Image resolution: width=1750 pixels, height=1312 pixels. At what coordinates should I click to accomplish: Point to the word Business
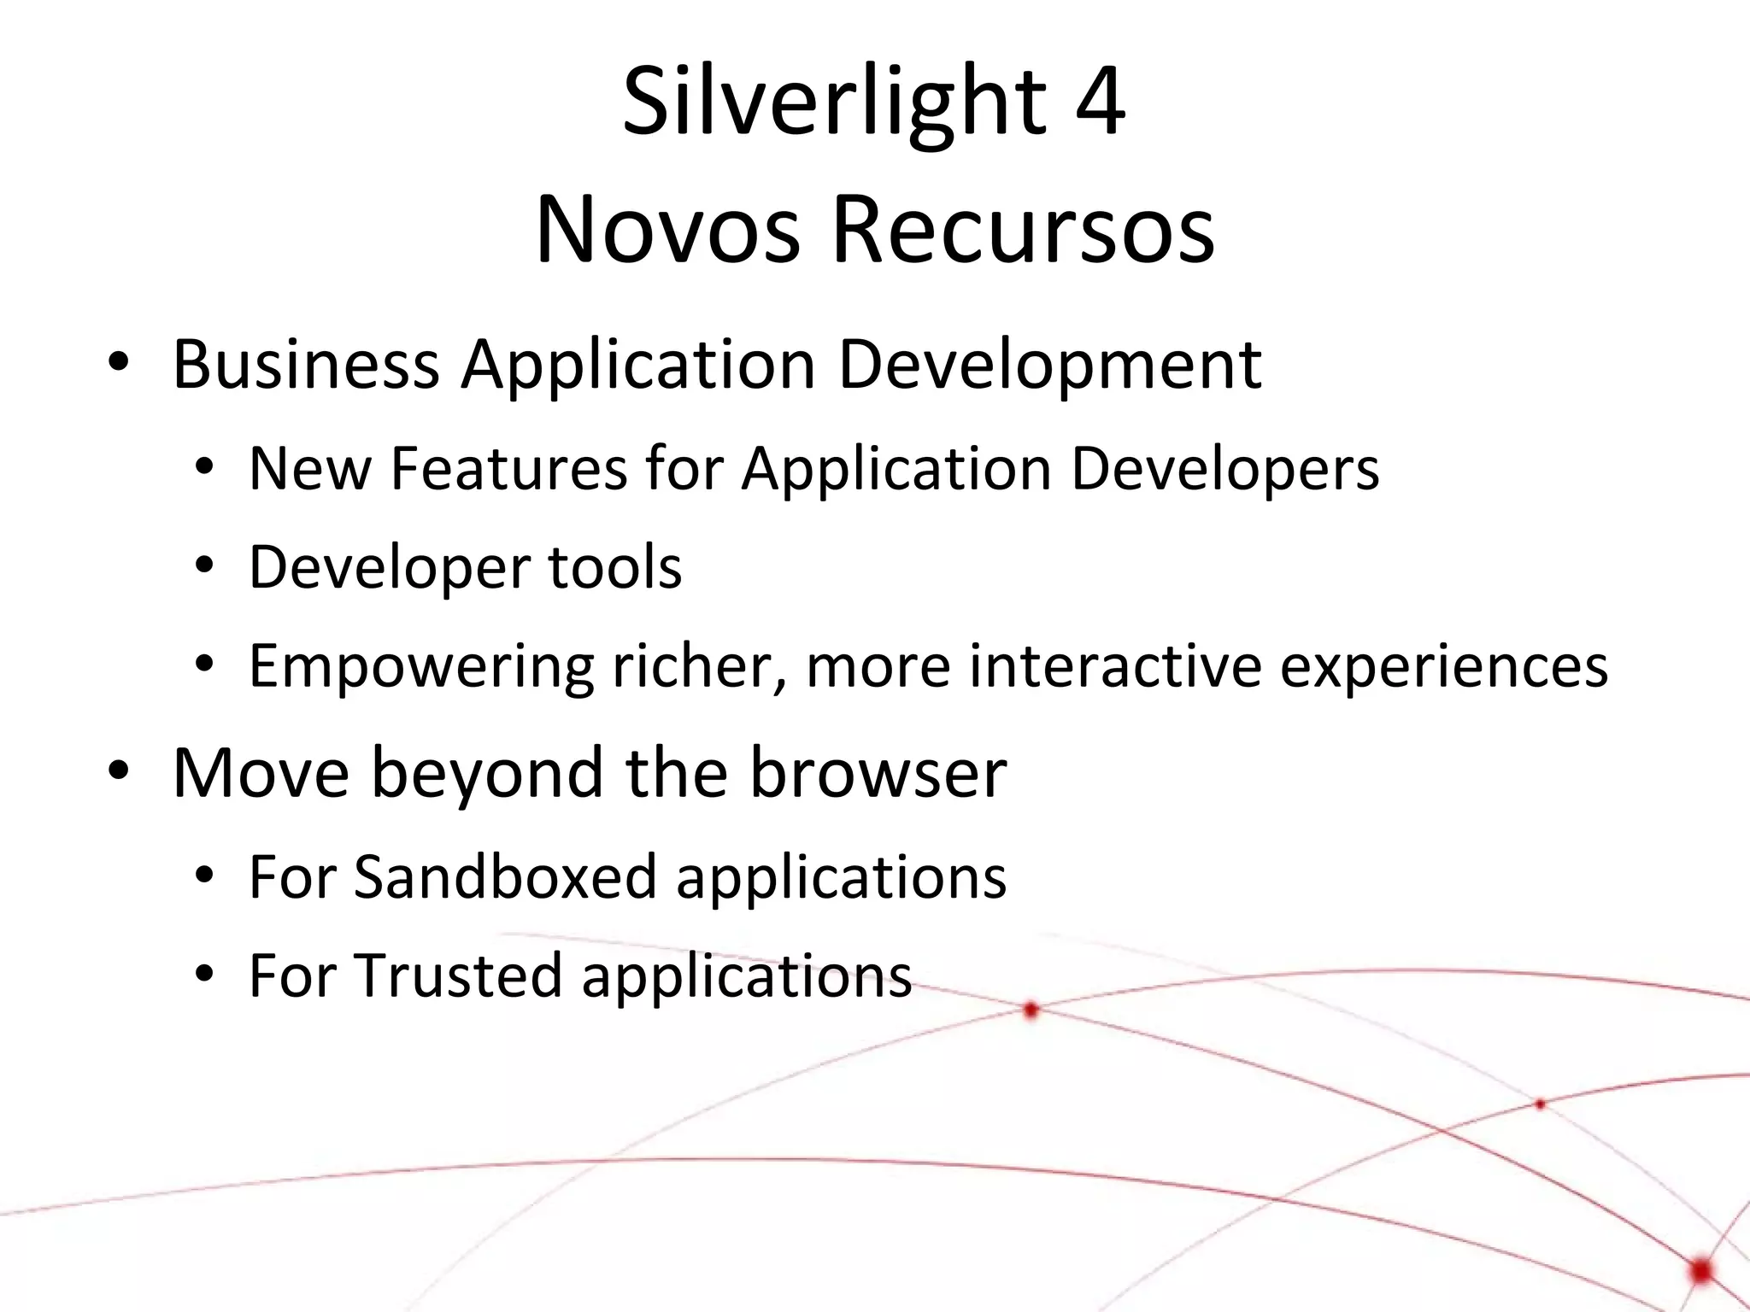[x=306, y=365]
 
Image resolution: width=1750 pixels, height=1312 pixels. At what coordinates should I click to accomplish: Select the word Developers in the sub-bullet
[x=1224, y=470]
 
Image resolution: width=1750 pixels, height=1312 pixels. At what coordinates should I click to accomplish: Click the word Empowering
[x=420, y=667]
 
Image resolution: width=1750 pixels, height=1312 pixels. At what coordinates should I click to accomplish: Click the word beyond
[x=487, y=774]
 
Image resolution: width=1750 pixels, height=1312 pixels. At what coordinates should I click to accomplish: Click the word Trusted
[x=457, y=975]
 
